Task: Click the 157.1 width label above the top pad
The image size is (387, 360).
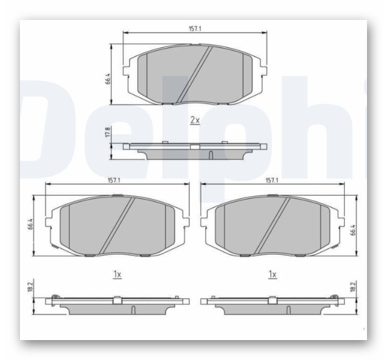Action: pyautogui.click(x=195, y=29)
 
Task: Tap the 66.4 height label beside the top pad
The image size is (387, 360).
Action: pyautogui.click(x=108, y=78)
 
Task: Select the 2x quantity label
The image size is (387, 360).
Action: pyautogui.click(x=194, y=120)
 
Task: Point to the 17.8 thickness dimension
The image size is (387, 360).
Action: pyautogui.click(x=108, y=132)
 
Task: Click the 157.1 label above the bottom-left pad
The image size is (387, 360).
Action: pyautogui.click(x=114, y=181)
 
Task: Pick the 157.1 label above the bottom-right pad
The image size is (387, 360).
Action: pyautogui.click(x=272, y=181)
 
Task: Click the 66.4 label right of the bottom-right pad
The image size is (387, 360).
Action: pyautogui.click(x=353, y=230)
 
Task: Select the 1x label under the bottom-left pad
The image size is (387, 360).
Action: pyautogui.click(x=117, y=274)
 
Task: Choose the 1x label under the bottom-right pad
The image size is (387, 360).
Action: pyautogui.click(x=272, y=274)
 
